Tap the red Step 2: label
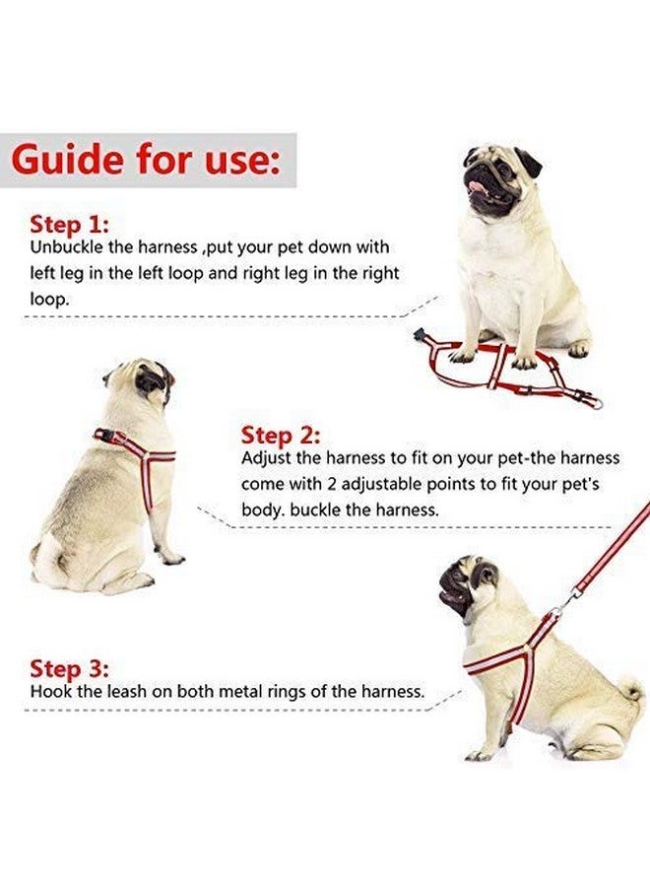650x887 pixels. tap(281, 435)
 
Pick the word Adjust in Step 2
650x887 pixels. tap(267, 459)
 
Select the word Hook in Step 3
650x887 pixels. tap(48, 692)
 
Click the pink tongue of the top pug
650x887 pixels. tap(478, 184)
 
